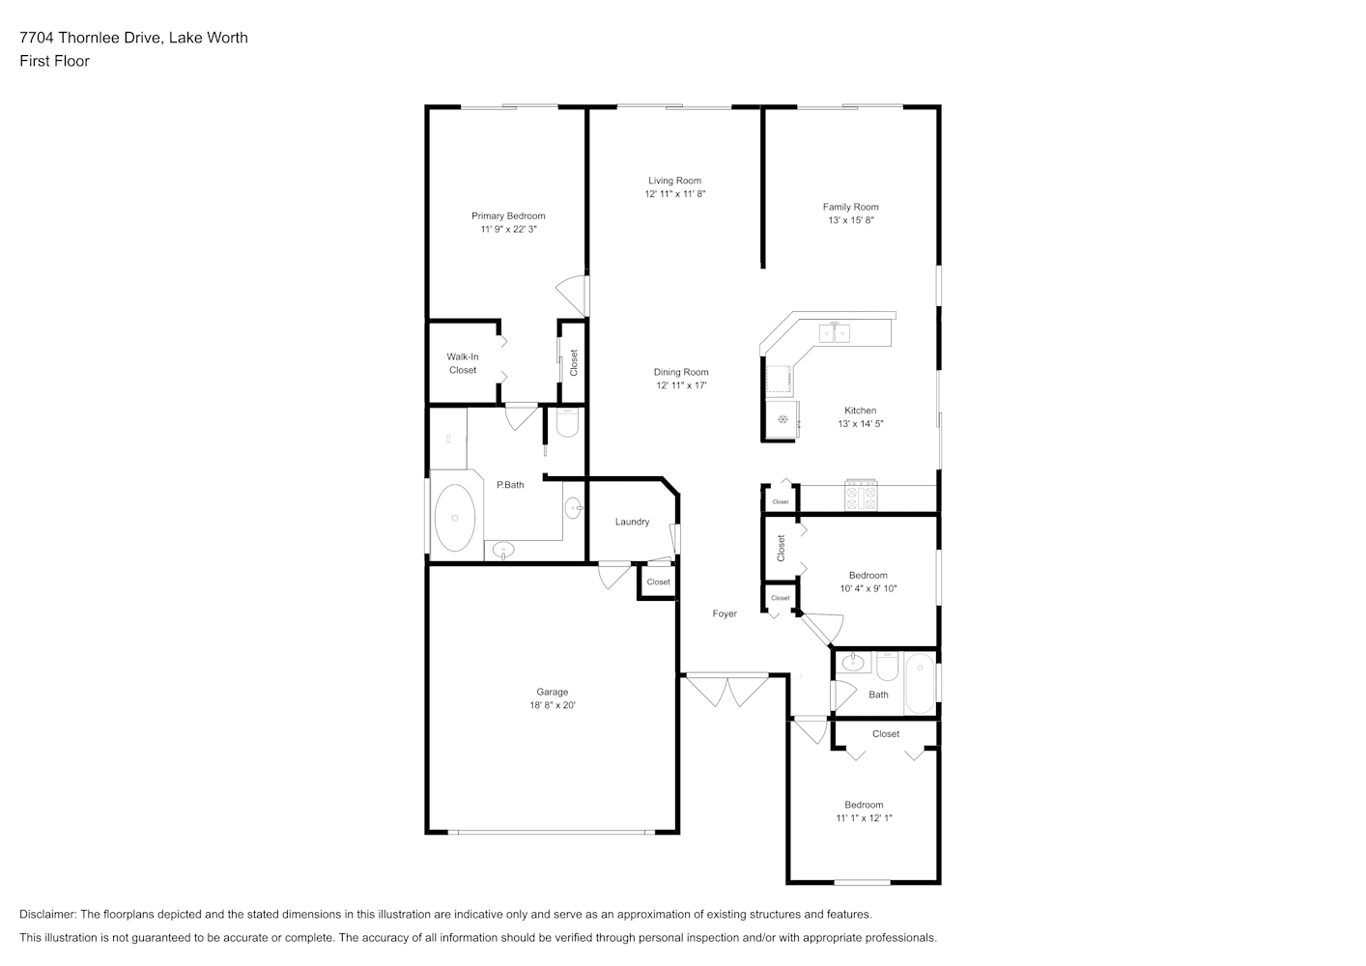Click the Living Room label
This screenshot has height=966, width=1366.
tap(674, 181)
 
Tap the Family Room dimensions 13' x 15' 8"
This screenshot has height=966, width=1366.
tap(851, 220)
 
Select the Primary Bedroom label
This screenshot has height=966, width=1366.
tap(508, 215)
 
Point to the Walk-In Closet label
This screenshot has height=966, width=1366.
tap(462, 363)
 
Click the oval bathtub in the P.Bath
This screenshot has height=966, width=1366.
tap(454, 518)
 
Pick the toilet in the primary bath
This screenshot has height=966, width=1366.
tap(567, 423)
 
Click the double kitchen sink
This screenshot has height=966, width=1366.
tap(834, 333)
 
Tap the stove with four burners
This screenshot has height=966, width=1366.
tap(861, 496)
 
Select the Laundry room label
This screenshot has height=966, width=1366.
tap(632, 522)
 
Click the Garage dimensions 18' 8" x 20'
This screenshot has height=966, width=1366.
tap(553, 705)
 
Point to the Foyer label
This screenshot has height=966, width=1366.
tap(725, 614)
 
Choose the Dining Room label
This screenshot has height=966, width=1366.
tap(681, 372)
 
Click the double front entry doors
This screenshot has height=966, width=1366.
tap(726, 691)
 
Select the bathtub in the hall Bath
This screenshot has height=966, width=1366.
tap(920, 684)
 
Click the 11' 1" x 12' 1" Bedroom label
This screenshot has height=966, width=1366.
tap(864, 805)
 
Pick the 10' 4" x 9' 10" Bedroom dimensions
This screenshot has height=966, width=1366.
tap(868, 588)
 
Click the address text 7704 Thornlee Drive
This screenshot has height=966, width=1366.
tap(91, 38)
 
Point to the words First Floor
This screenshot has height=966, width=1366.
tap(54, 61)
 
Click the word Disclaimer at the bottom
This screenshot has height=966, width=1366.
tap(48, 914)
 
